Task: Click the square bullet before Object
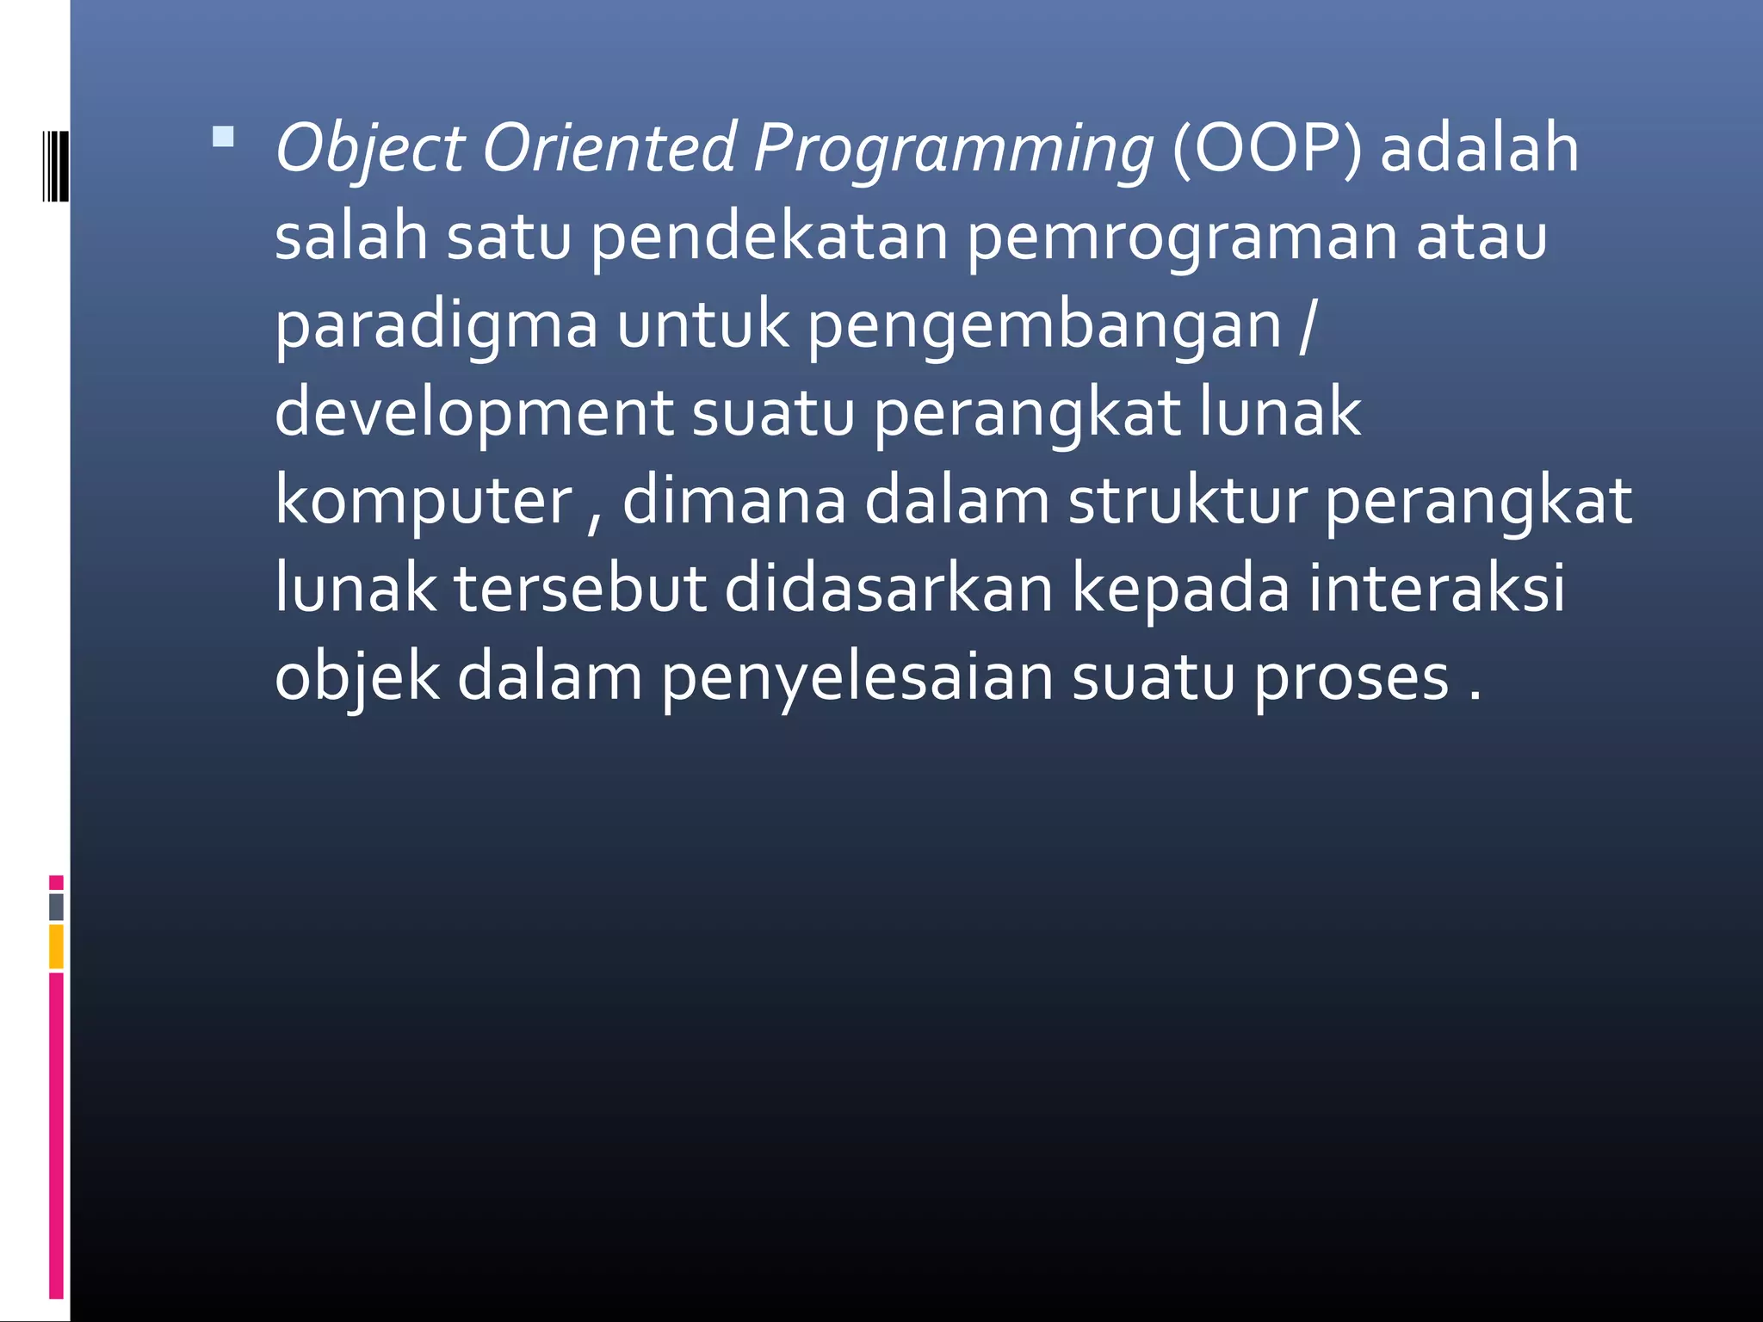(223, 137)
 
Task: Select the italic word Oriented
(609, 147)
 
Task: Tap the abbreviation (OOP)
(1266, 149)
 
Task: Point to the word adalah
(1480, 148)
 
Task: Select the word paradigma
(436, 327)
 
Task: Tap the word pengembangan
(1044, 327)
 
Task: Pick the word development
(473, 414)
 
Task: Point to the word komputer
(424, 503)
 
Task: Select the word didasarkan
(888, 590)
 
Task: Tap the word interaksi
(1436, 590)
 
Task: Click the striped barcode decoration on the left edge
(56, 166)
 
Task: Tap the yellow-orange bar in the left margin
(57, 946)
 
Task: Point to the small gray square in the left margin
(57, 906)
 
